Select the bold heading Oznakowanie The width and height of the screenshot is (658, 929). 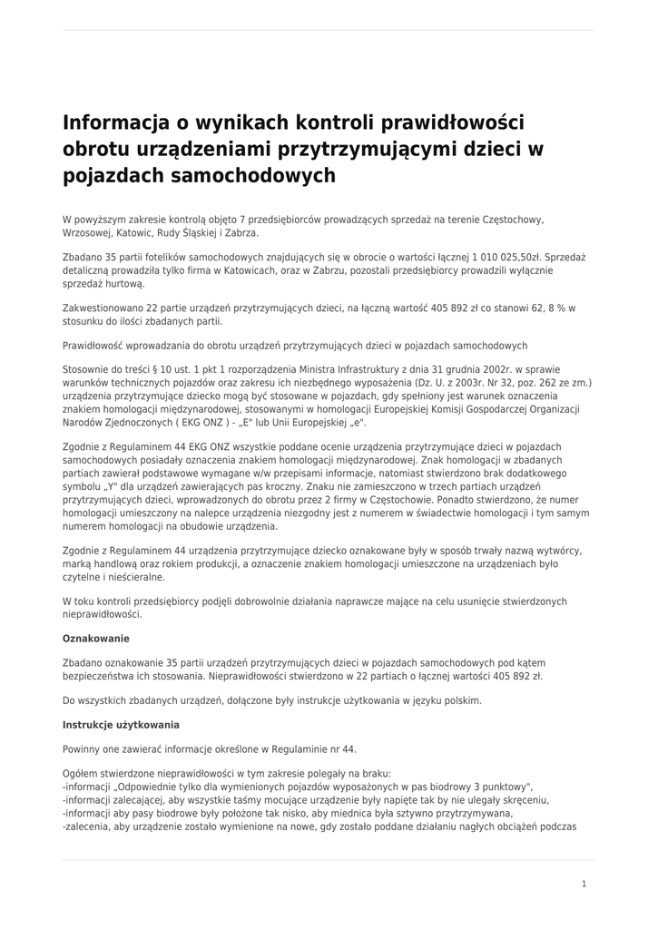(x=96, y=639)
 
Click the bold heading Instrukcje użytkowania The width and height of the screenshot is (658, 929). (x=121, y=725)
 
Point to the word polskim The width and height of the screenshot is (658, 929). (x=462, y=700)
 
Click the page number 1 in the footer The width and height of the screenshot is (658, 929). (x=584, y=883)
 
